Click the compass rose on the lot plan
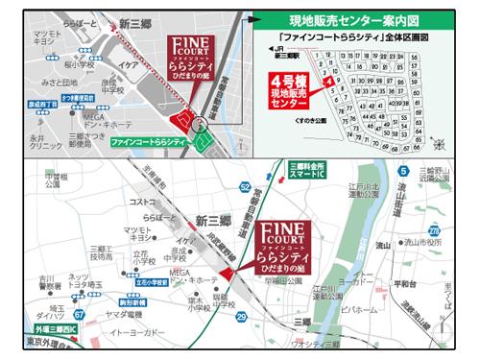pyautogui.click(x=438, y=143)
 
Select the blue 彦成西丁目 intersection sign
pyautogui.click(x=44, y=105)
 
